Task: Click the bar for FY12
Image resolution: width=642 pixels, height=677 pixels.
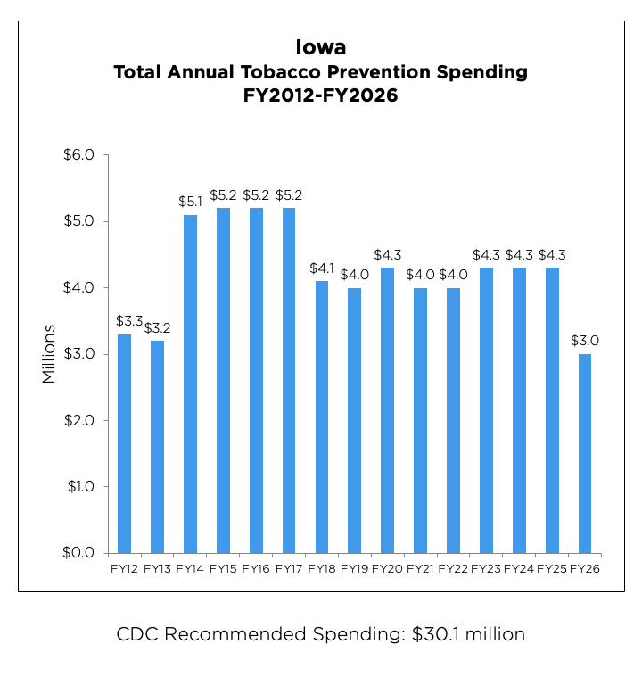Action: pos(124,443)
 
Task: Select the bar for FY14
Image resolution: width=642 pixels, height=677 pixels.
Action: pos(190,384)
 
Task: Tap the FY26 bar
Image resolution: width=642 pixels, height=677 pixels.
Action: pos(585,453)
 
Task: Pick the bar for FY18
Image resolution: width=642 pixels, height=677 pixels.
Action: pos(322,417)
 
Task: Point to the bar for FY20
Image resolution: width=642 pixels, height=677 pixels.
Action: pos(388,410)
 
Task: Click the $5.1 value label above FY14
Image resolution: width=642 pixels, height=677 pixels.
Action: pos(190,202)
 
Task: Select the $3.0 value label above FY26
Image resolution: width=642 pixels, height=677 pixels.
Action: pos(585,341)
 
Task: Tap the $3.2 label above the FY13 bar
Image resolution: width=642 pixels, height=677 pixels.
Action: pos(157,327)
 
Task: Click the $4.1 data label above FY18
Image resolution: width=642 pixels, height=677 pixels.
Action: pos(322,268)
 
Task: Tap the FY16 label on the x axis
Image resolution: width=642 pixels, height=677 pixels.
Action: pos(256,568)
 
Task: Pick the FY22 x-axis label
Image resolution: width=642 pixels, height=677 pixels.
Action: pos(453,568)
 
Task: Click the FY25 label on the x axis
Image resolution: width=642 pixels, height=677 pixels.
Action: pos(552,568)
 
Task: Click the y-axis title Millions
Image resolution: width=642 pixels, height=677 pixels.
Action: pos(49,354)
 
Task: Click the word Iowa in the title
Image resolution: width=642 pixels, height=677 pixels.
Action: pos(320,46)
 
